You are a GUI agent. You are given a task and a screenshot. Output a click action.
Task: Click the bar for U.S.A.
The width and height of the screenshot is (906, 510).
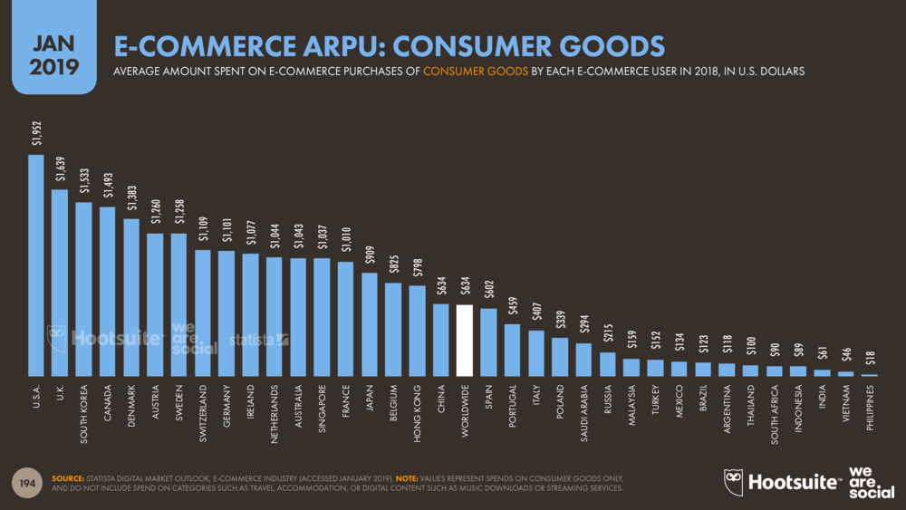tap(36, 265)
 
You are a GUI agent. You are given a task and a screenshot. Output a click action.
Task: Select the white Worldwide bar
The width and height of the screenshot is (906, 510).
tap(464, 340)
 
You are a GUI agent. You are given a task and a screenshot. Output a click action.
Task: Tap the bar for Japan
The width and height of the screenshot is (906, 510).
tap(369, 323)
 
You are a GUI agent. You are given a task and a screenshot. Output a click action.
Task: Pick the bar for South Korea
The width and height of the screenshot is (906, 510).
tap(83, 288)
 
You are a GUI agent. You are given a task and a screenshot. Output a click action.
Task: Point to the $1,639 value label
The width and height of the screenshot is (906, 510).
tap(61, 169)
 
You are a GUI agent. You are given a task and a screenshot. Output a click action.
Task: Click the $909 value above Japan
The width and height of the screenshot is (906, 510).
tap(370, 255)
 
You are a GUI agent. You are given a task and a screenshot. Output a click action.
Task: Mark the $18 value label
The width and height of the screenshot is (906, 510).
tap(870, 360)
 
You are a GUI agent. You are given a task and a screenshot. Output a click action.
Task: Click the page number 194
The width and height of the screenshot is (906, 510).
tap(29, 483)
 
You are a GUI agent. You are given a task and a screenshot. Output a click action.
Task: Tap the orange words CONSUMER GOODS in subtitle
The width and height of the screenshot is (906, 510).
tap(476, 70)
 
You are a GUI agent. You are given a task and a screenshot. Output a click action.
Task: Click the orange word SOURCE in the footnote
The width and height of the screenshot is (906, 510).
tap(68, 477)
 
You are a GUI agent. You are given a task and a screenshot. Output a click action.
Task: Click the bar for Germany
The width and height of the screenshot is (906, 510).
tap(226, 313)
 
